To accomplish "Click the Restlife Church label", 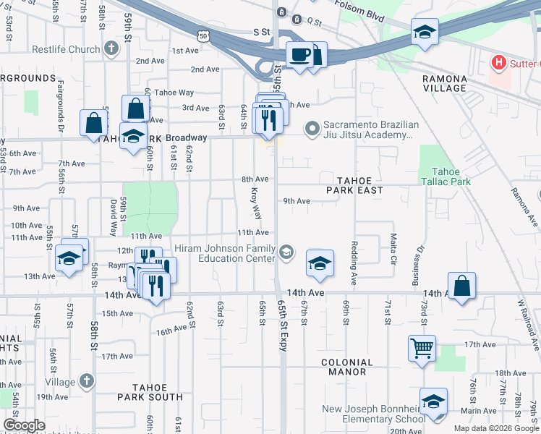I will [x=65, y=50].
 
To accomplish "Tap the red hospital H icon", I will [x=498, y=63].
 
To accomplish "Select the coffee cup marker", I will [x=299, y=54].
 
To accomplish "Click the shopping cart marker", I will [x=422, y=348].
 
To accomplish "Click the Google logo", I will [x=24, y=425].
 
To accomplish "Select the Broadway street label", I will [x=186, y=137].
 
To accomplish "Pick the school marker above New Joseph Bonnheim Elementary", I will [x=433, y=401].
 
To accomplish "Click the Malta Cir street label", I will [x=393, y=249].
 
